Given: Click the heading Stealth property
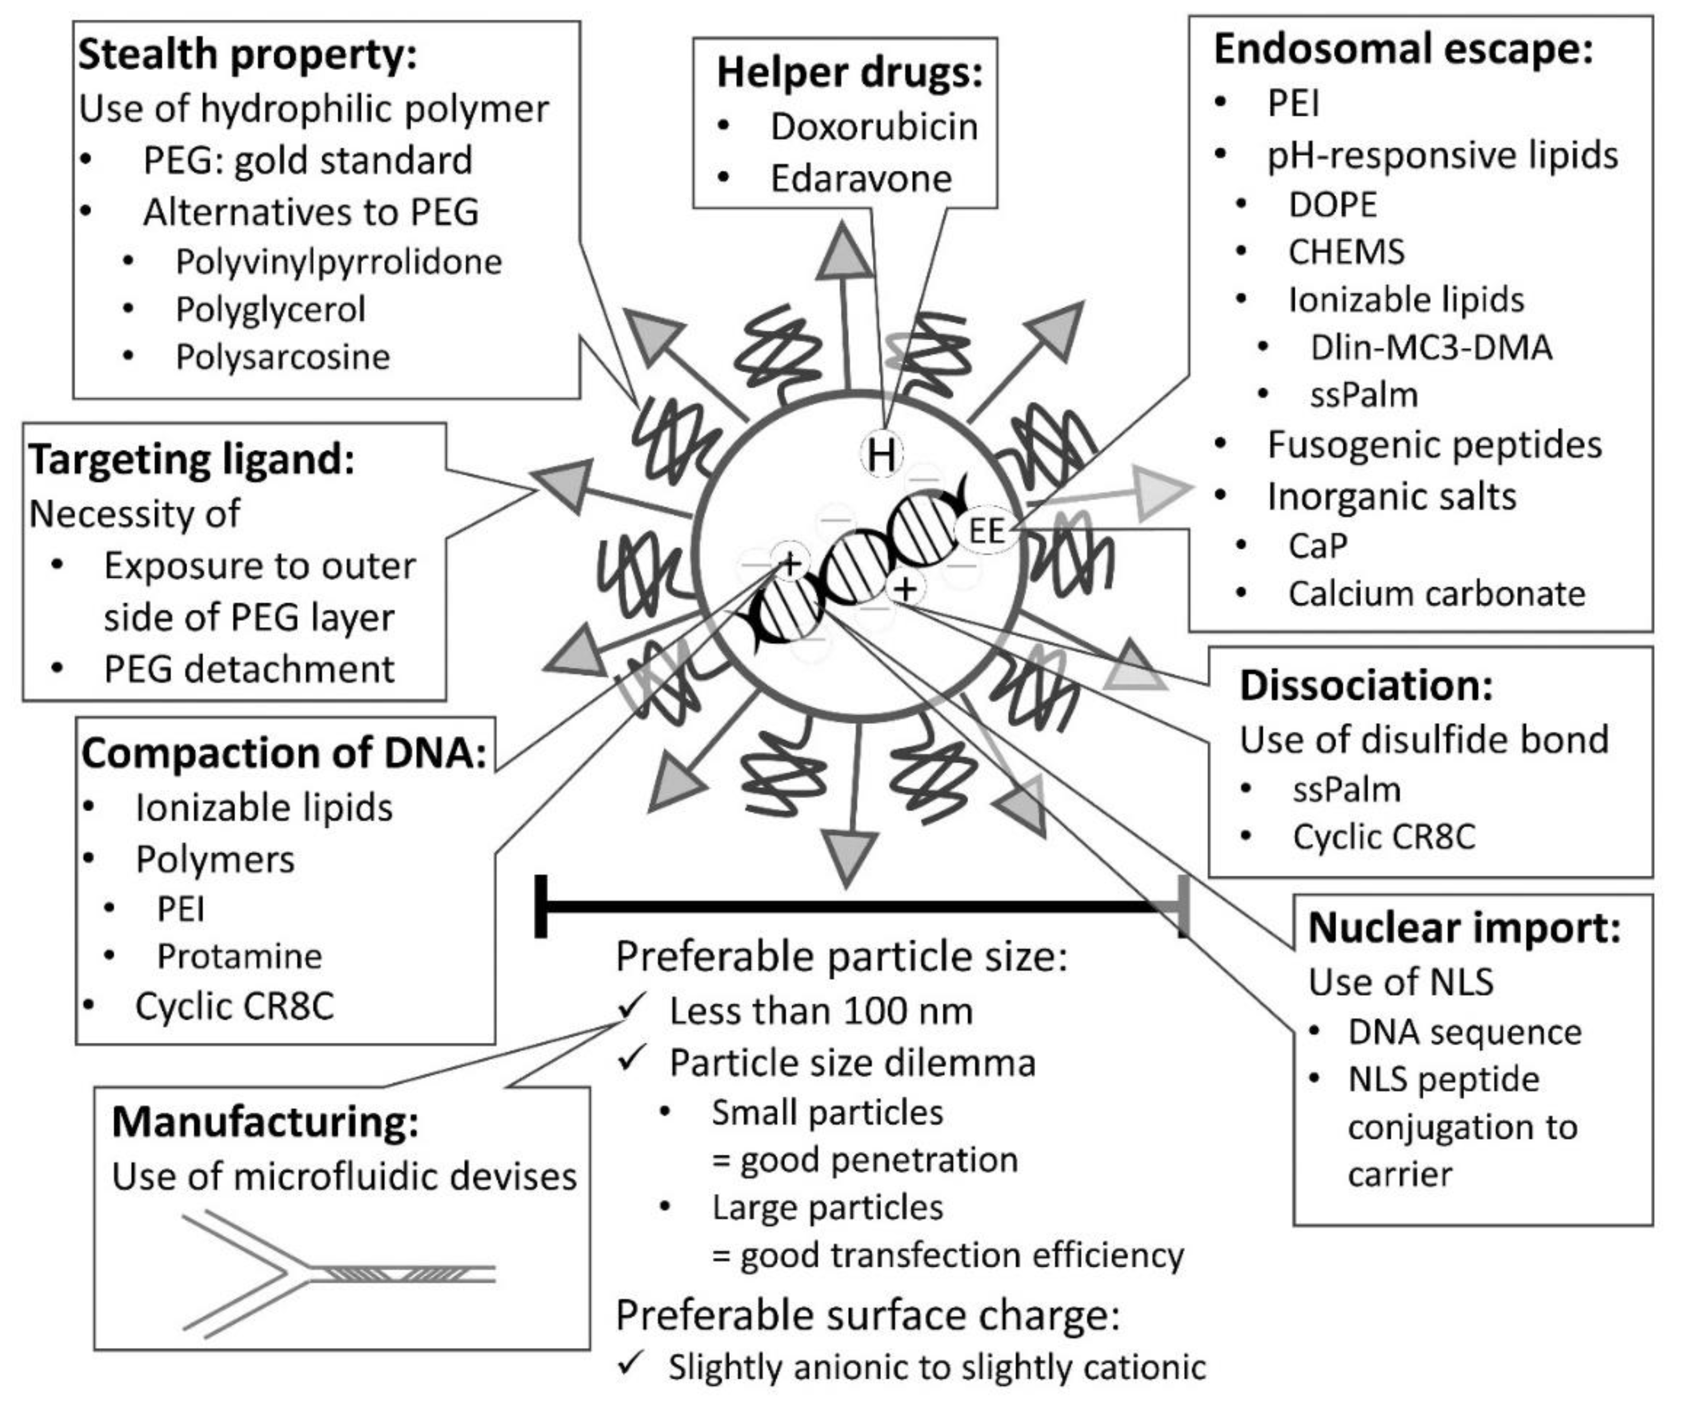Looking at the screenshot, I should tap(247, 55).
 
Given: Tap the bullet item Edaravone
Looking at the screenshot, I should tap(860, 178).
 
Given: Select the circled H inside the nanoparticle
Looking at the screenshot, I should tap(882, 454).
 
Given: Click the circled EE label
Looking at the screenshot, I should tap(986, 531).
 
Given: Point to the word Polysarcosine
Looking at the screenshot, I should tap(282, 357).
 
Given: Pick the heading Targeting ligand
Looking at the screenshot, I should tap(192, 460).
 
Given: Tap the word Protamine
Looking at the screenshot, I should tap(239, 956).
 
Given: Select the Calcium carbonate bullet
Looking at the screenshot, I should tap(1436, 594).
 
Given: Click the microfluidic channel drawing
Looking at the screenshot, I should tap(338, 1273).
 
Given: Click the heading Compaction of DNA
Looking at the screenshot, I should tap(284, 753).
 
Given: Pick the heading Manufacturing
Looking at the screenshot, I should tap(265, 1122).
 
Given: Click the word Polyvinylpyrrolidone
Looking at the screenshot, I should tap(338, 262).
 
